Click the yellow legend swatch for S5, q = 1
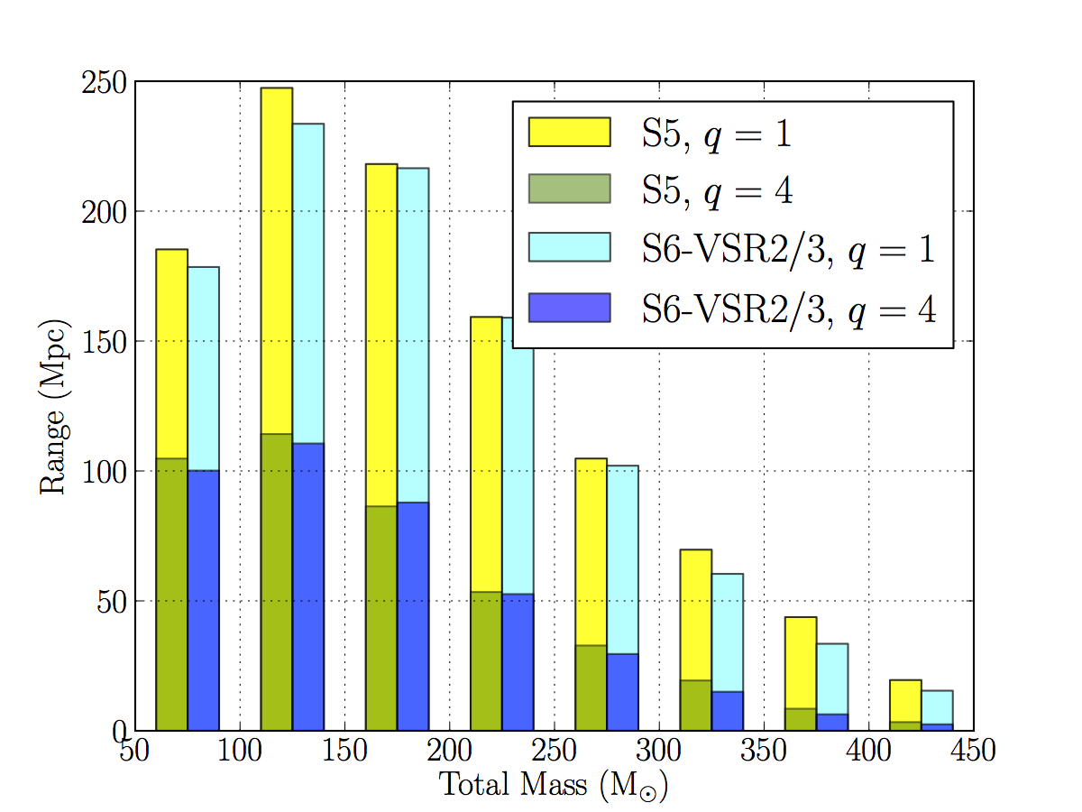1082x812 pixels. (569, 132)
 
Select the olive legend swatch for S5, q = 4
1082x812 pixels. (569, 189)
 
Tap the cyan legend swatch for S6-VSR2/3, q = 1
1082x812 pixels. (569, 247)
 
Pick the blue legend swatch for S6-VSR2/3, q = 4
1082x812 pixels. (569, 307)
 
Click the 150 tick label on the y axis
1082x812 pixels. (103, 342)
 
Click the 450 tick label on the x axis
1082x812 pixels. (973, 751)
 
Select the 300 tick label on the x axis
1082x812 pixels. (659, 751)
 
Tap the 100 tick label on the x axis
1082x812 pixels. (240, 751)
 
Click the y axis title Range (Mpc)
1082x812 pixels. (52, 406)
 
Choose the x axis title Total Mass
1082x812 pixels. (553, 784)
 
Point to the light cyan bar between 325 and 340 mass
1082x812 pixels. (728, 632)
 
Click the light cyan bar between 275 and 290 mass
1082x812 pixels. (623, 559)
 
